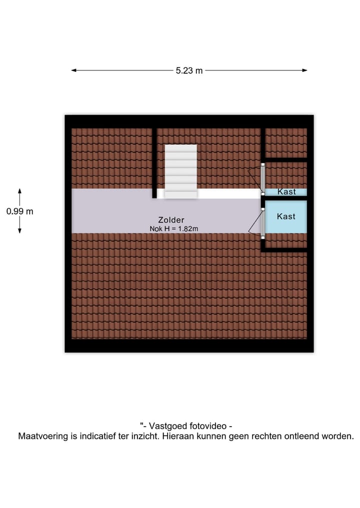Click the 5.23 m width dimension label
tap(189, 70)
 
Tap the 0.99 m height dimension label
tap(20, 211)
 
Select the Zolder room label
tap(171, 220)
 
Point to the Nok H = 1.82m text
tap(174, 229)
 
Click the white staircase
tap(180, 171)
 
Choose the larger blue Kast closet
tap(286, 216)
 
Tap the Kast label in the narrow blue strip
tap(286, 192)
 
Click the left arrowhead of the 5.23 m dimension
tap(73, 70)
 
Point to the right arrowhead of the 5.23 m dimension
tap(304, 70)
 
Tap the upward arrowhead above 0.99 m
tap(20, 191)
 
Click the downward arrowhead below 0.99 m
tap(20, 231)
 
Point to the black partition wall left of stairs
tap(154, 163)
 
